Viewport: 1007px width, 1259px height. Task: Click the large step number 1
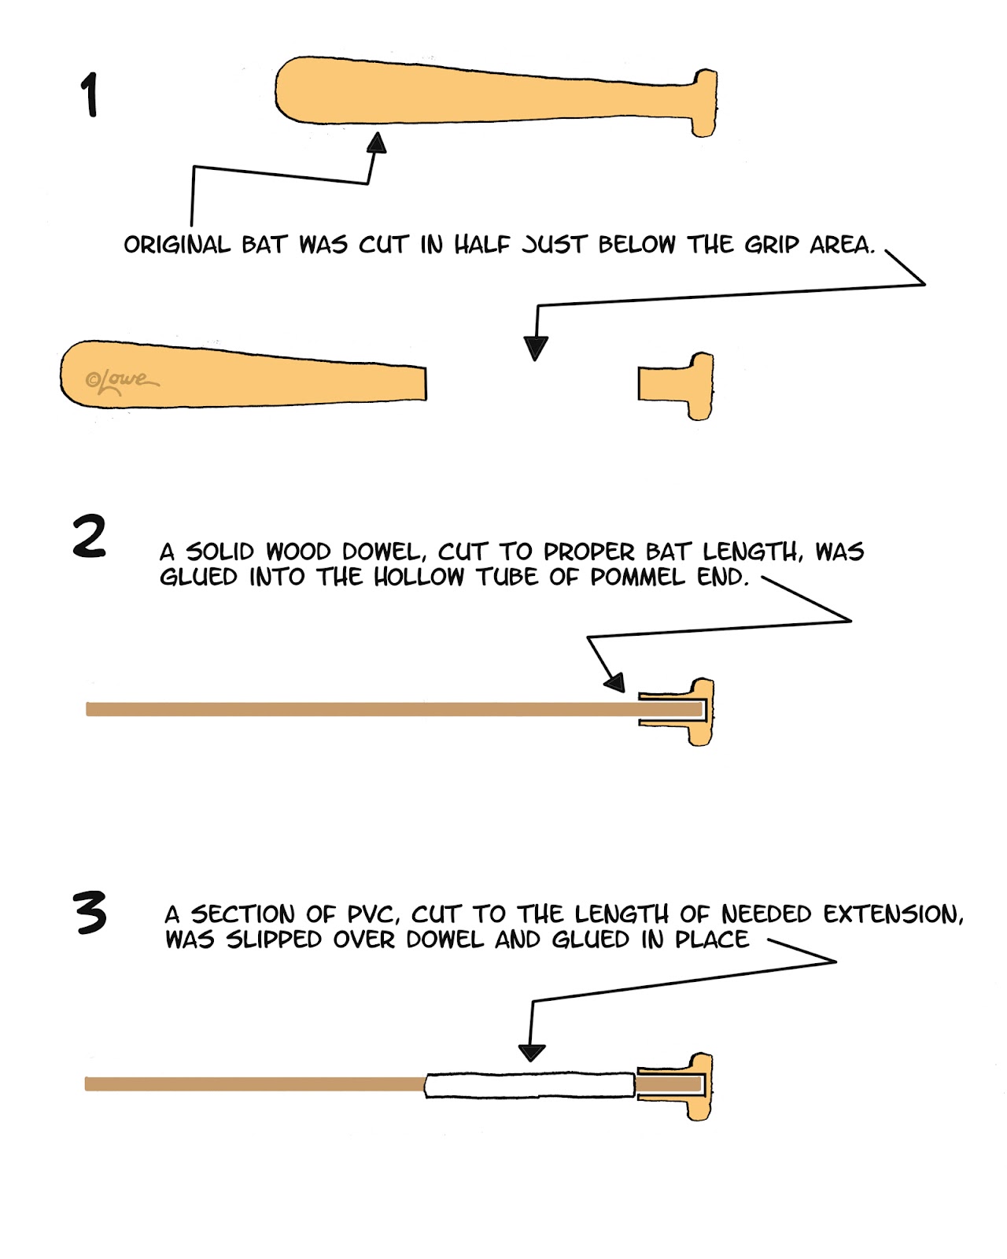click(90, 95)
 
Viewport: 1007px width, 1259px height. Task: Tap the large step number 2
click(89, 537)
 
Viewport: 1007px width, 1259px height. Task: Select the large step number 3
click(90, 913)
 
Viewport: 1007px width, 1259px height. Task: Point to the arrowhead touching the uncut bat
click(378, 142)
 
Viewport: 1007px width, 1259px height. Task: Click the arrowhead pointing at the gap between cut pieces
click(536, 347)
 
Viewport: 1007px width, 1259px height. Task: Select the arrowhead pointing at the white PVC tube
click(532, 1052)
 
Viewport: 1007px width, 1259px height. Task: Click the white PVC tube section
click(529, 1085)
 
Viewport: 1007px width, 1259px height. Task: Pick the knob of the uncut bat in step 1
click(704, 102)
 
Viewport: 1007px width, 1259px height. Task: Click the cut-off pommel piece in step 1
click(677, 385)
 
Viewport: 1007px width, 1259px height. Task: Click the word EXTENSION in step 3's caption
click(893, 914)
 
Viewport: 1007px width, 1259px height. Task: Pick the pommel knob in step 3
click(701, 1086)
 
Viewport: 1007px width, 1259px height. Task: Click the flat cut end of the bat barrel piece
click(425, 383)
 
